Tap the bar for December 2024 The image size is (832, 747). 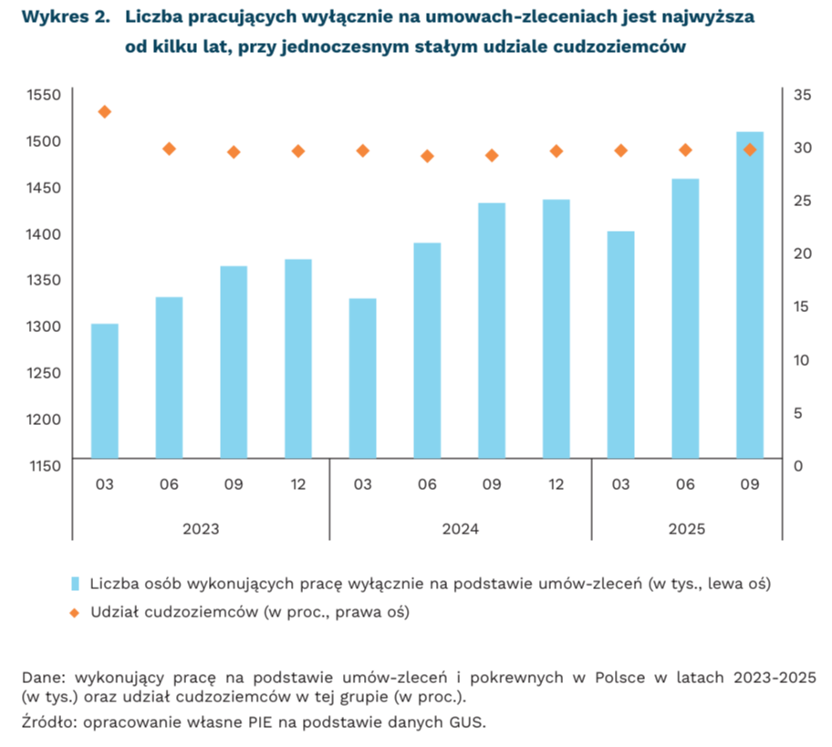[556, 328]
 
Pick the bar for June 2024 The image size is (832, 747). [427, 350]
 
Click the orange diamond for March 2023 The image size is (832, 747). [104, 112]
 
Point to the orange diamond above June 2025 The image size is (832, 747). [685, 150]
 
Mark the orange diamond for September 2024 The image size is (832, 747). [492, 156]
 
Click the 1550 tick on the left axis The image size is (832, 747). [44, 95]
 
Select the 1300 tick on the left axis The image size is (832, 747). [44, 327]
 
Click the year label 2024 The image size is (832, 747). [460, 529]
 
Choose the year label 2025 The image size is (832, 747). [686, 529]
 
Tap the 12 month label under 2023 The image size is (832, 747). [297, 483]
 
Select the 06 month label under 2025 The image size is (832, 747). [685, 483]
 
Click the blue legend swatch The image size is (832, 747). [77, 582]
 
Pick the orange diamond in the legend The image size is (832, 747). [77, 612]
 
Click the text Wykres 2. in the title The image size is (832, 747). [59, 17]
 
